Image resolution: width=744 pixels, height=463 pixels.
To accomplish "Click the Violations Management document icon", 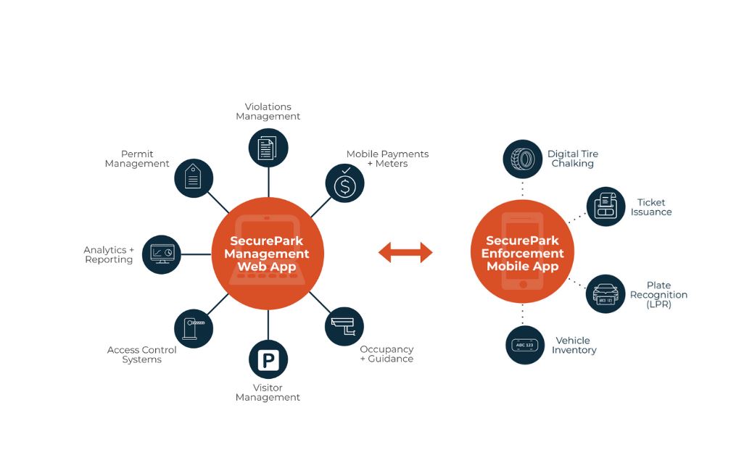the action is pyautogui.click(x=268, y=148).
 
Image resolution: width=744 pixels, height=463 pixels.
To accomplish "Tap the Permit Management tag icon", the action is pyautogui.click(x=194, y=178).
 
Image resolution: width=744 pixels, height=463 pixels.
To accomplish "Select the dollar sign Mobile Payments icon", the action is pyautogui.click(x=345, y=183).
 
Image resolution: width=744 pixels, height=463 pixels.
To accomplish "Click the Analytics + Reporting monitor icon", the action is pyautogui.click(x=162, y=254).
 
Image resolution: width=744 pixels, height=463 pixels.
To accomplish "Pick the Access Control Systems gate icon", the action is pyautogui.click(x=194, y=328).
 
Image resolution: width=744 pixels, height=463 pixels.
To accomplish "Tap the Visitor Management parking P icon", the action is pyautogui.click(x=268, y=359).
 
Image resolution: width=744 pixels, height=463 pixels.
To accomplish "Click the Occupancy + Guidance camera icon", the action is pyautogui.click(x=344, y=326).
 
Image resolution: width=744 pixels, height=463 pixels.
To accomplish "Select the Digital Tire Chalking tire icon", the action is pyautogui.click(x=522, y=159).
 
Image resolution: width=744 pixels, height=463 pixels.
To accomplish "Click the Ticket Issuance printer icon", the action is pyautogui.click(x=606, y=207).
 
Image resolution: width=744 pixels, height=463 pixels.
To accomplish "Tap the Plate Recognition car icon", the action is pyautogui.click(x=605, y=294).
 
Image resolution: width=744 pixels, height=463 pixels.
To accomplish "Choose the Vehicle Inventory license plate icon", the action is pyautogui.click(x=525, y=345).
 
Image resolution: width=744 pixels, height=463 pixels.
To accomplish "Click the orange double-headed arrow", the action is pyautogui.click(x=405, y=252).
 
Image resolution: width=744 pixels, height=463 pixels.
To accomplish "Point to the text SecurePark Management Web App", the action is pyautogui.click(x=267, y=254).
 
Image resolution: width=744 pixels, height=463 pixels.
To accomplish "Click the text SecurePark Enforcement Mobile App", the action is pyautogui.click(x=522, y=253).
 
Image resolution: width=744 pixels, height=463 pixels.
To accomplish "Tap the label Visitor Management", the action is pyautogui.click(x=268, y=393).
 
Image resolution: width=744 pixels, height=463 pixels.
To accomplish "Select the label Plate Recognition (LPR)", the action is pyautogui.click(x=658, y=295).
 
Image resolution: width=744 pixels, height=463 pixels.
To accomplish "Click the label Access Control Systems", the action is pyautogui.click(x=141, y=354).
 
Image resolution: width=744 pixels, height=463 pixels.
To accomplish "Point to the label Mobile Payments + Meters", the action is pyautogui.click(x=387, y=159).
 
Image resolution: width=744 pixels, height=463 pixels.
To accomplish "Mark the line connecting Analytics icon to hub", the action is pyautogui.click(x=197, y=254).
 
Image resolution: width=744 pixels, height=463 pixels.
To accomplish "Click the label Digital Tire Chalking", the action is pyautogui.click(x=573, y=159).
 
